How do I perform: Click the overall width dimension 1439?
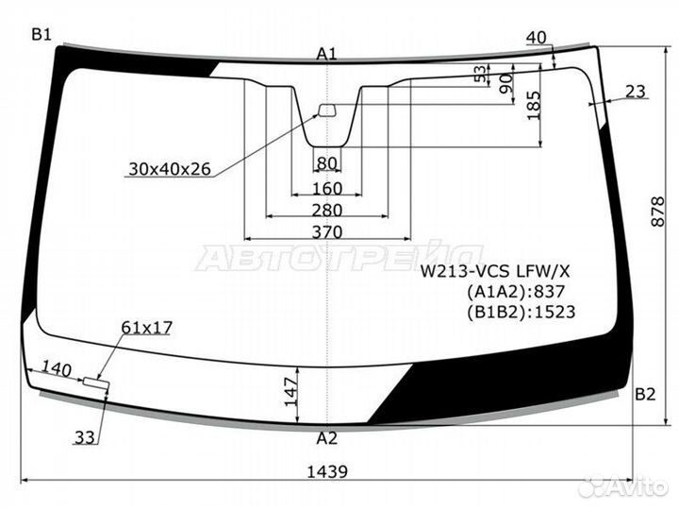click(x=327, y=471)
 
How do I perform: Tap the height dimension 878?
click(x=657, y=212)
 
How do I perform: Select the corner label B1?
click(x=41, y=34)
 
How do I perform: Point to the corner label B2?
click(x=645, y=394)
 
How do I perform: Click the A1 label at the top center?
click(x=326, y=54)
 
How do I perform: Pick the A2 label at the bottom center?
click(x=326, y=438)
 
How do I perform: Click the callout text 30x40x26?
click(x=170, y=169)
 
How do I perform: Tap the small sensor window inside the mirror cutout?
click(x=327, y=110)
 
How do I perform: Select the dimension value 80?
click(x=327, y=163)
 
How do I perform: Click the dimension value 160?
click(x=327, y=189)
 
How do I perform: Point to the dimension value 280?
click(x=327, y=211)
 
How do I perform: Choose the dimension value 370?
click(x=327, y=232)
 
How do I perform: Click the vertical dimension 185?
click(x=535, y=106)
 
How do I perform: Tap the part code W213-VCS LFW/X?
click(x=495, y=271)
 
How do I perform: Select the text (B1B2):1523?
click(x=521, y=312)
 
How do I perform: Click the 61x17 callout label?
click(x=147, y=328)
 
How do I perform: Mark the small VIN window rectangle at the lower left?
click(x=95, y=382)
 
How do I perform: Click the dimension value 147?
click(x=291, y=392)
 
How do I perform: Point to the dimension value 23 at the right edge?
click(x=636, y=92)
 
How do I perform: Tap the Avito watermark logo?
click(x=622, y=486)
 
